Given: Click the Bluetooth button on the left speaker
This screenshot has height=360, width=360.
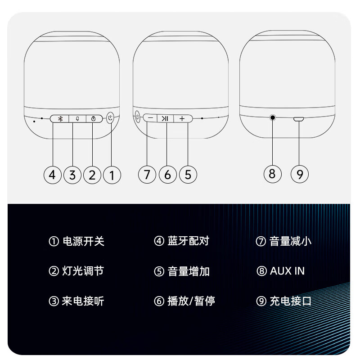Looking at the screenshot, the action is pyautogui.click(x=60, y=119).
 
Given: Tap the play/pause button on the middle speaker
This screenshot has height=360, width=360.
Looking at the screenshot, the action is pyautogui.click(x=165, y=118).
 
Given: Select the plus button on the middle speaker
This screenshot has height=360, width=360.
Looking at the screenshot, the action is pyautogui.click(x=183, y=118).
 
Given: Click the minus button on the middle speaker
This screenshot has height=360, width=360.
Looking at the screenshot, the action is pyautogui.click(x=150, y=118).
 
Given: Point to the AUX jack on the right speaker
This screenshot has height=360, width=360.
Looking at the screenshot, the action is pyautogui.click(x=273, y=117).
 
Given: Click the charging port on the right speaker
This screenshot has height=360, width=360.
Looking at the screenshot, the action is pyautogui.click(x=298, y=119).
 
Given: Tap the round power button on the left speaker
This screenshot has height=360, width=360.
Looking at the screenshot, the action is pyautogui.click(x=111, y=118).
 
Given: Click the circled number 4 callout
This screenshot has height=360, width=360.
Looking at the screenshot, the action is pyautogui.click(x=52, y=175).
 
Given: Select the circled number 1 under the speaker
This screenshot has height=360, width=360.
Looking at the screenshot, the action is pyautogui.click(x=112, y=175).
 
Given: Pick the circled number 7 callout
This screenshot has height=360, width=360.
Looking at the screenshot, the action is pyautogui.click(x=147, y=175).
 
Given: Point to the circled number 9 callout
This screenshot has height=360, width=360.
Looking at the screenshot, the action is pyautogui.click(x=300, y=174).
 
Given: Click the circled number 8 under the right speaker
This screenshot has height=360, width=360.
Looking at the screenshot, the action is pyautogui.click(x=273, y=174).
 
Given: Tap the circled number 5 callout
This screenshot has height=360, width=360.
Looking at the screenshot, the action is pyautogui.click(x=188, y=175).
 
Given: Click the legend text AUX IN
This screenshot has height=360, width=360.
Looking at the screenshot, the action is pyautogui.click(x=287, y=271).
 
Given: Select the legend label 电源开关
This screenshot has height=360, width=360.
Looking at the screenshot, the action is pyautogui.click(x=84, y=241).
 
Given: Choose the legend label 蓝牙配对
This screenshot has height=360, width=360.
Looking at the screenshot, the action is pyautogui.click(x=189, y=241).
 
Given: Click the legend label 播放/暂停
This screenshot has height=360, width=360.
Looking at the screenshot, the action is pyautogui.click(x=191, y=301).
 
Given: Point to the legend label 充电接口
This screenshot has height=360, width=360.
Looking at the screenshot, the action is pyautogui.click(x=290, y=301).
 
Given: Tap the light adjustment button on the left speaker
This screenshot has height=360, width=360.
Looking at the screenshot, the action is pyautogui.click(x=94, y=119).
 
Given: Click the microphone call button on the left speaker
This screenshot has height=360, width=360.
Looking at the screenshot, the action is pyautogui.click(x=77, y=119).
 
